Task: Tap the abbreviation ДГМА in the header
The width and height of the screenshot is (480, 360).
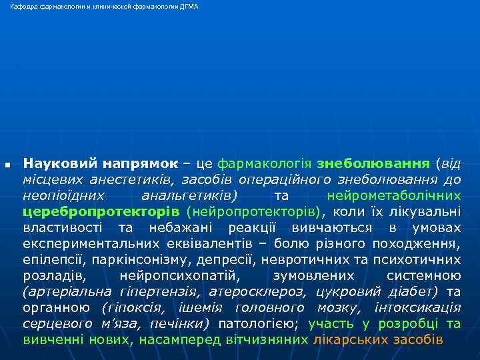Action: [x=189, y=6]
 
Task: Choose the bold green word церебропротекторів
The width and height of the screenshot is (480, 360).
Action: [x=101, y=212]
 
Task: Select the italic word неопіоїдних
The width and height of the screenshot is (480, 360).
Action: [x=63, y=195]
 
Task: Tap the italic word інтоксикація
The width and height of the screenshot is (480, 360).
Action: [x=418, y=307]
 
